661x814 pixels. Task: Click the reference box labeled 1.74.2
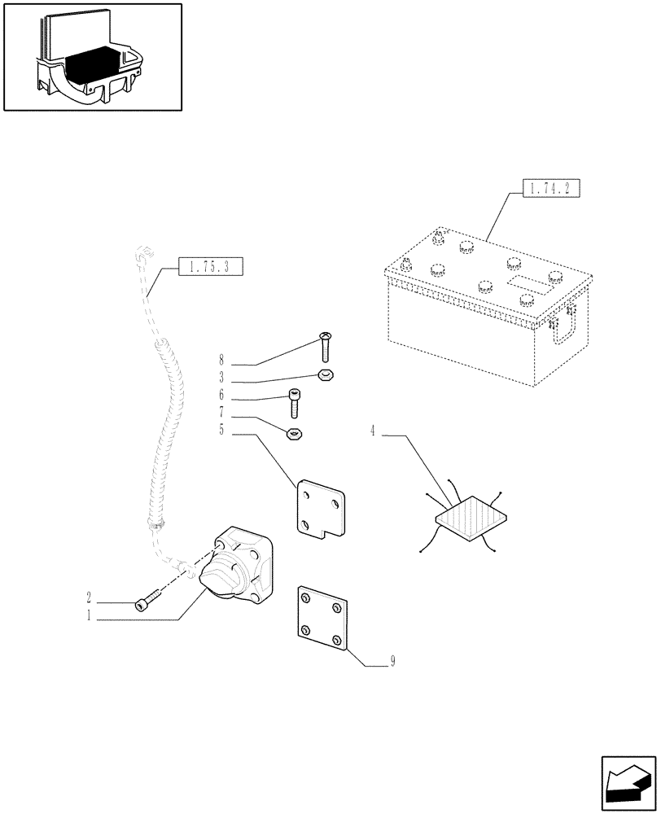[x=549, y=190]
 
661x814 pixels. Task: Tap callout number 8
[x=221, y=359]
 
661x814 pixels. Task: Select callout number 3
[x=221, y=378]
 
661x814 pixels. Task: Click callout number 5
[x=221, y=431]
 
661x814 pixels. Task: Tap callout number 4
[x=373, y=431]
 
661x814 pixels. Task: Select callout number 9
[x=392, y=662]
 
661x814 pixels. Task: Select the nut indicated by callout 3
[x=324, y=375]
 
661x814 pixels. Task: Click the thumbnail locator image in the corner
[x=92, y=56]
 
